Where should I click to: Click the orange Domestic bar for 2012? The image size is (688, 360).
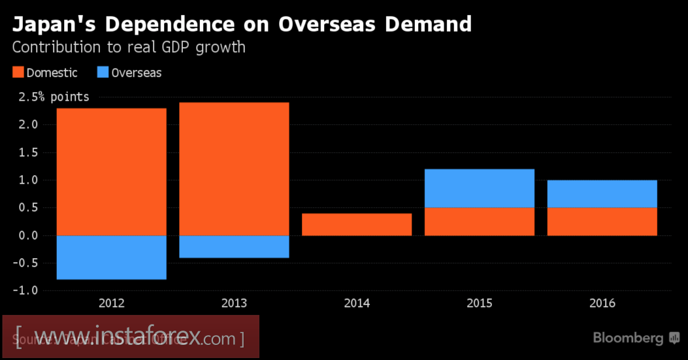(112, 171)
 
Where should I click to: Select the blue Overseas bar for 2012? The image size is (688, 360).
(112, 257)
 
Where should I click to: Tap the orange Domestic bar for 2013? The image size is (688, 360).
(234, 169)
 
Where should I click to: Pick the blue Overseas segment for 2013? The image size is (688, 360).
(234, 246)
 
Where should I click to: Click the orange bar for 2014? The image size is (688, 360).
(357, 224)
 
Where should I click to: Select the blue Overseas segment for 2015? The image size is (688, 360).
(480, 188)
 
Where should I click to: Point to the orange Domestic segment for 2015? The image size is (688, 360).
(480, 221)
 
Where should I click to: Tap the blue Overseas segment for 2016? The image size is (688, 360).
(602, 193)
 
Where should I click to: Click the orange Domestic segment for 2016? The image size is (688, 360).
(602, 221)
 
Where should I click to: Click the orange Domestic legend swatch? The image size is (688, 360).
(18, 73)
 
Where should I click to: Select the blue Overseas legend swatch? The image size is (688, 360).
(103, 73)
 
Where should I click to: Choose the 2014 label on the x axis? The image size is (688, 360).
(357, 303)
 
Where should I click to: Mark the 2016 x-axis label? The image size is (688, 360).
(602, 303)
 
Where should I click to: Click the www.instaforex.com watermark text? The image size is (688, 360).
(130, 338)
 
